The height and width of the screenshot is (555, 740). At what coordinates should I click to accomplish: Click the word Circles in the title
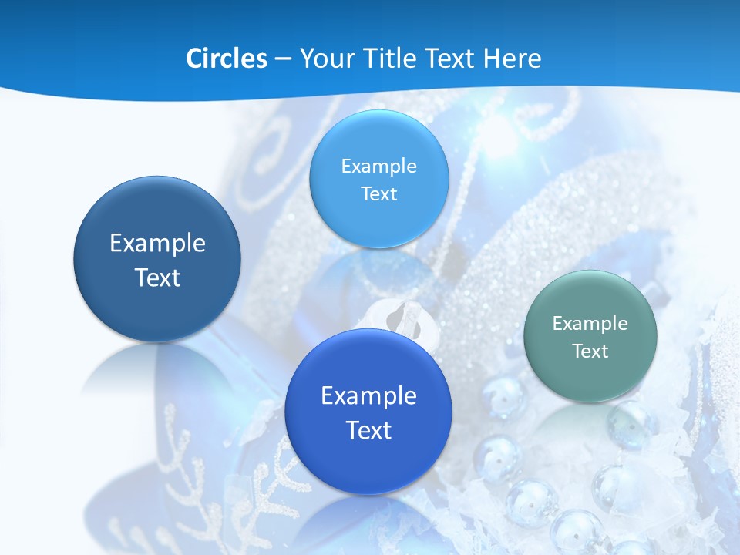(226, 59)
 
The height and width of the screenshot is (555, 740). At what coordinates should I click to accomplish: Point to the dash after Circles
(283, 59)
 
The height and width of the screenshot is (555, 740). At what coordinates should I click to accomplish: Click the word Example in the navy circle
(157, 244)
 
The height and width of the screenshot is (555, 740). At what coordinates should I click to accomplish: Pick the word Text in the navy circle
(157, 277)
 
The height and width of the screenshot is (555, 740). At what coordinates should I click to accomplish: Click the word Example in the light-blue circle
(378, 166)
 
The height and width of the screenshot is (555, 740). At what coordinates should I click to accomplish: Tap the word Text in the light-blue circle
(378, 193)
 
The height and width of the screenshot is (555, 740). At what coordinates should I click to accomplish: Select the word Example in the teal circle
(590, 323)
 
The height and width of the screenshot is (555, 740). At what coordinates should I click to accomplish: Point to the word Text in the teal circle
(590, 351)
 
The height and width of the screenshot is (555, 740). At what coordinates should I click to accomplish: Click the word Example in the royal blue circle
(368, 395)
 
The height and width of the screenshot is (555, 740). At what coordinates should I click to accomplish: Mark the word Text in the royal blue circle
(368, 430)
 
